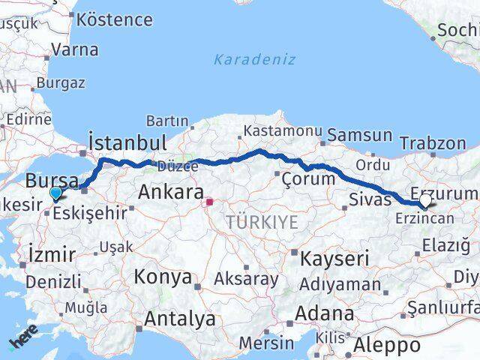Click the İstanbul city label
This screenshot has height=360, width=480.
tap(127, 142)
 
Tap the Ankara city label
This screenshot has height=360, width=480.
tap(168, 193)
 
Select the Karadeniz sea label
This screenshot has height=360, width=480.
tap(254, 59)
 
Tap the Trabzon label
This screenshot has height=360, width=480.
tap(433, 142)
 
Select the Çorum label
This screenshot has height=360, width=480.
tap(307, 178)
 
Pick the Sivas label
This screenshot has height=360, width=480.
tap(370, 199)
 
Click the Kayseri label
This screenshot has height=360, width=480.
tap(334, 259)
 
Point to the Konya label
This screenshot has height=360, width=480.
tap(163, 277)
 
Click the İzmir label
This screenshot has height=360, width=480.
tap(49, 255)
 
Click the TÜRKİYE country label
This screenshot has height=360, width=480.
tap(259, 222)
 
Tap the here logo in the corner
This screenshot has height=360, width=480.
tap(22, 341)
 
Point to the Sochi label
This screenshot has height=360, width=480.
tap(457, 31)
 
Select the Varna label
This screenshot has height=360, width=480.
tap(75, 50)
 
